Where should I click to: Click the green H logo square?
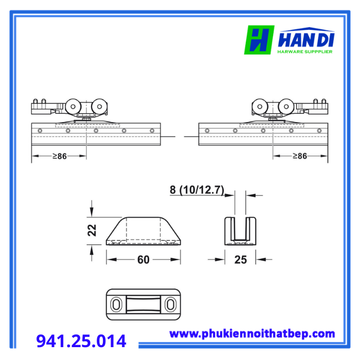[259, 40]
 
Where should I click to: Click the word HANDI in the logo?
[307, 40]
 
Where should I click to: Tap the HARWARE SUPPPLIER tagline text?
[305, 51]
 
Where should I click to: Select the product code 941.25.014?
[81, 341]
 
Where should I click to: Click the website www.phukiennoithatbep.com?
[252, 334]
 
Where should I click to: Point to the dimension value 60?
[143, 260]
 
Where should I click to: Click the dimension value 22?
[92, 230]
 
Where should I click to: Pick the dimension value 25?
[241, 260]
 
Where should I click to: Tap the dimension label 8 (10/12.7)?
[197, 190]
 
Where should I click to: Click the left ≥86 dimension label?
[60, 156]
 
